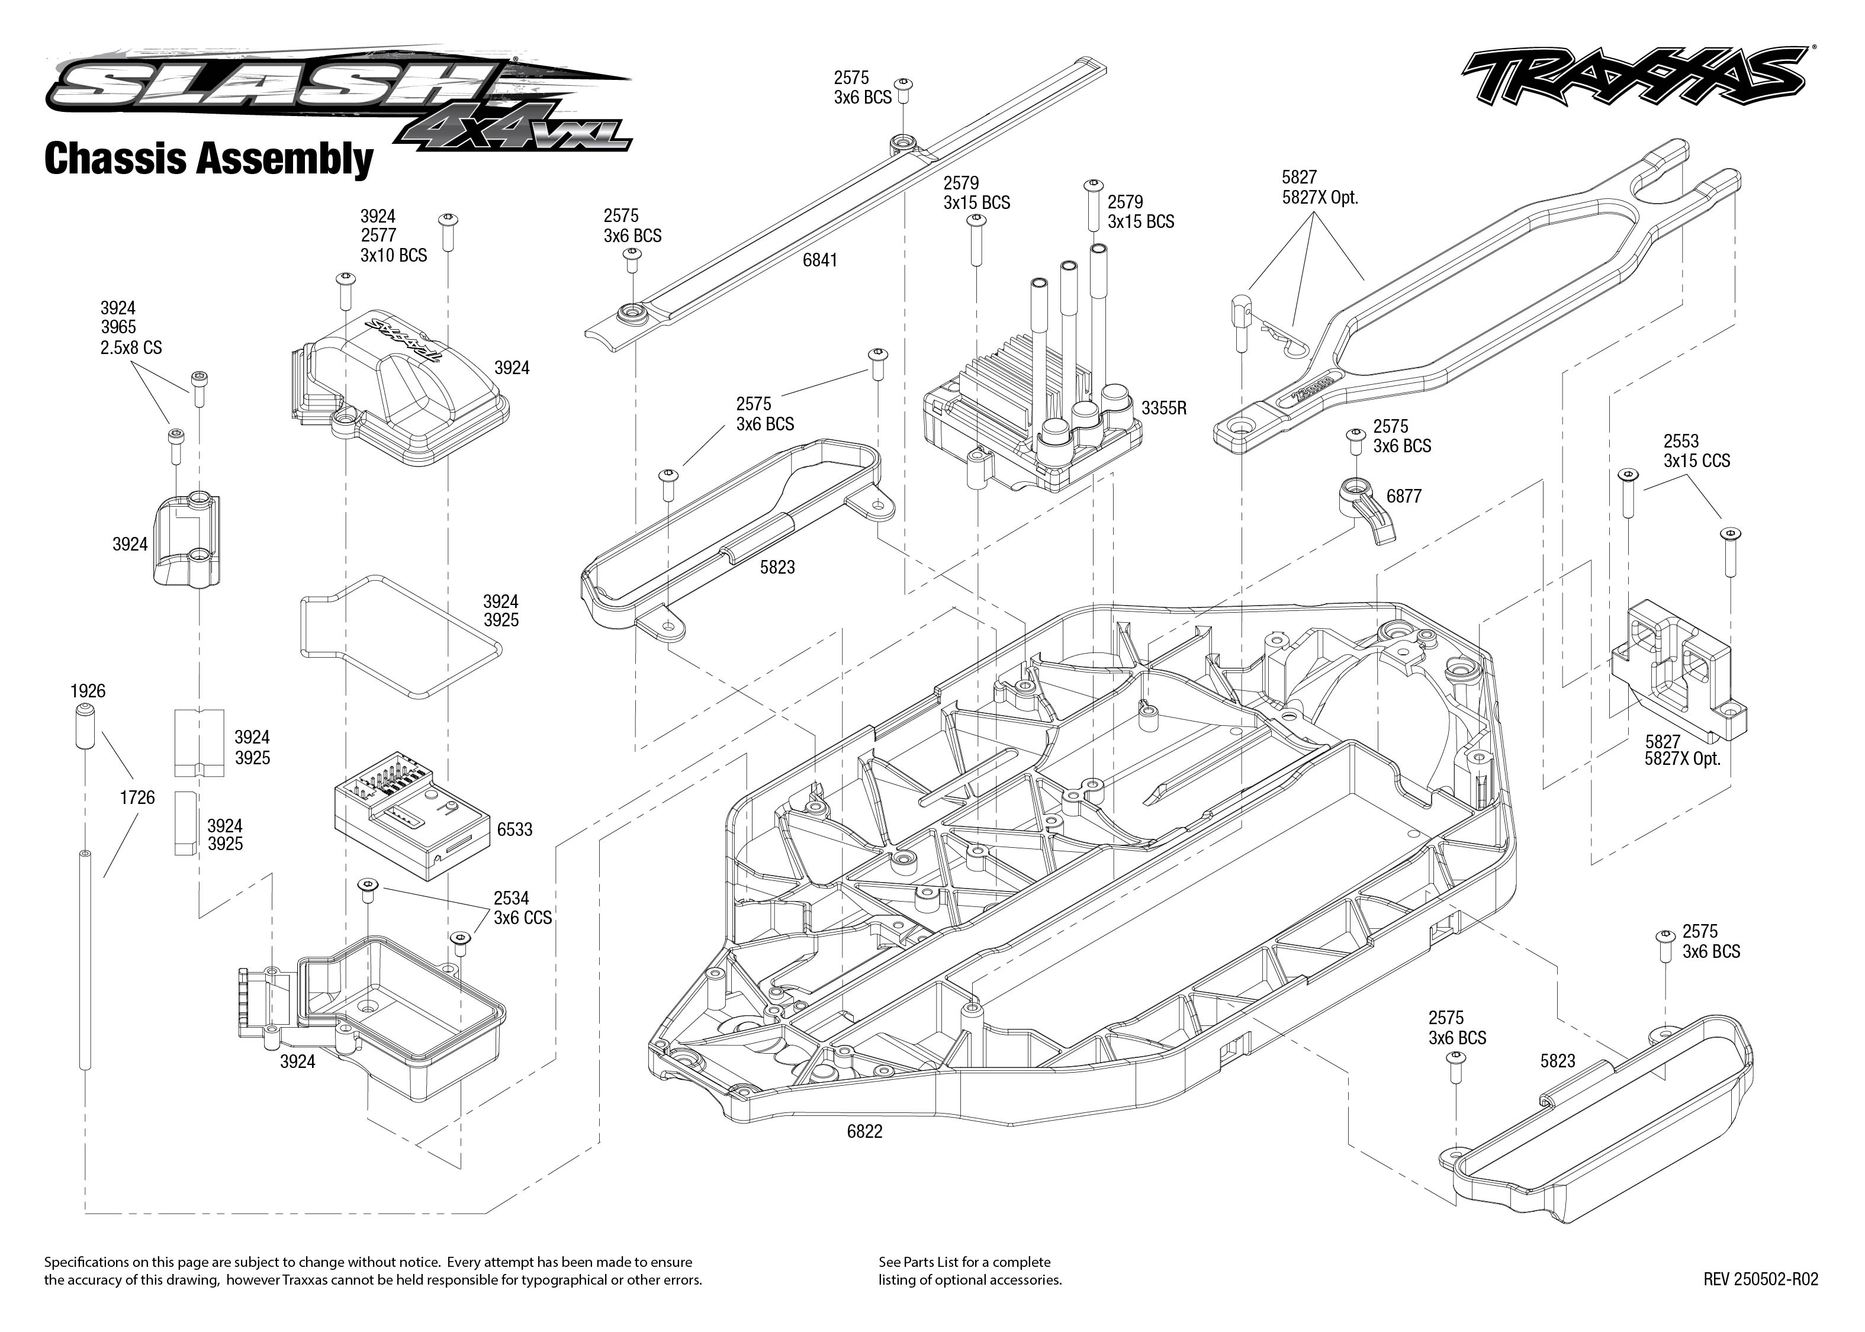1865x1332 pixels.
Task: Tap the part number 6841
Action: tap(819, 260)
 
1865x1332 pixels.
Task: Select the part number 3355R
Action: tap(1163, 408)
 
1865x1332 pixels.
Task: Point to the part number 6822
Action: tap(864, 1131)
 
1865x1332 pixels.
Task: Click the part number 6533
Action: tap(515, 829)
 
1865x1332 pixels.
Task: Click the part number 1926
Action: tap(88, 691)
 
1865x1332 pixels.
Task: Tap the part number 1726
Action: tap(137, 797)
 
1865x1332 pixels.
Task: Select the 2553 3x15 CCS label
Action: tap(1696, 451)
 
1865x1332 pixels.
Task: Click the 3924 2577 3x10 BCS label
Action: tap(393, 236)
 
